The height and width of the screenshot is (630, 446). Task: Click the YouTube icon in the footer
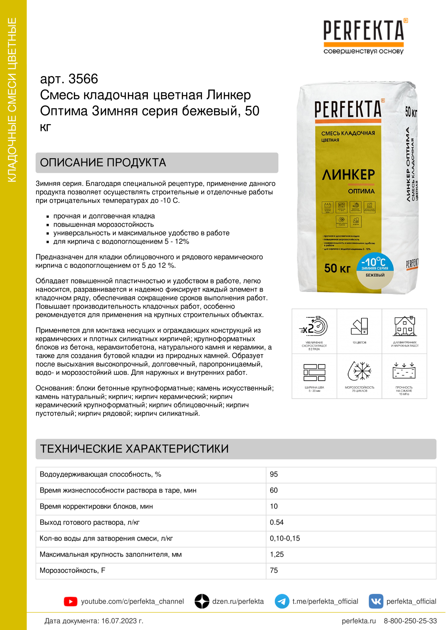(x=70, y=601)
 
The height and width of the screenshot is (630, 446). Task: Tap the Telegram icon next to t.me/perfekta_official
(x=282, y=601)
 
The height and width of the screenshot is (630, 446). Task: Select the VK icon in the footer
(x=376, y=601)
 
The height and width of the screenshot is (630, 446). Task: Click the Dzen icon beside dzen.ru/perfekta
(x=202, y=601)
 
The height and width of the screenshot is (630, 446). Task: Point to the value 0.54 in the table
(x=277, y=523)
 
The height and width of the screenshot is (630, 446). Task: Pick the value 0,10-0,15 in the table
(x=285, y=538)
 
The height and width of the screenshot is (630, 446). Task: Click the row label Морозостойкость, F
(x=72, y=570)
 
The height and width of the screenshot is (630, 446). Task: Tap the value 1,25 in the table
(x=277, y=555)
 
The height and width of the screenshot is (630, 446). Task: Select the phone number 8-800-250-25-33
(x=410, y=621)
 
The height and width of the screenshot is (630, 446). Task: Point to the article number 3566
(x=83, y=79)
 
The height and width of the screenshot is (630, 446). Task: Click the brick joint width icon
(x=314, y=372)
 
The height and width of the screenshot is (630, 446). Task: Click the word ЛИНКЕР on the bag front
(x=348, y=175)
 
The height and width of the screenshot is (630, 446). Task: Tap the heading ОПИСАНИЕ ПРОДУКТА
(x=103, y=163)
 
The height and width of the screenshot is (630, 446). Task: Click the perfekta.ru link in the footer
(x=359, y=621)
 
